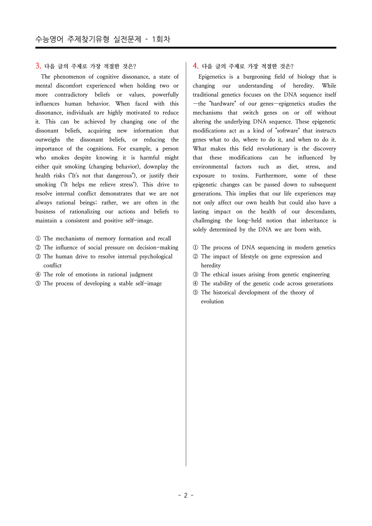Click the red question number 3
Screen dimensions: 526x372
click(38, 66)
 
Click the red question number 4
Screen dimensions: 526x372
click(195, 66)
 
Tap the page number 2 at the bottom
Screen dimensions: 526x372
click(186, 495)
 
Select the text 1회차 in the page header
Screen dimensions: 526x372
click(161, 39)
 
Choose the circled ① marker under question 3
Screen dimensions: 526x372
click(38, 239)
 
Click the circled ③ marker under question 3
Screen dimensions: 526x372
click(38, 257)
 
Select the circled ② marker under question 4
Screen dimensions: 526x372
click(195, 257)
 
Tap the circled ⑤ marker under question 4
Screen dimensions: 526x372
click(195, 293)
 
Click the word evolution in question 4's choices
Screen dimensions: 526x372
click(212, 302)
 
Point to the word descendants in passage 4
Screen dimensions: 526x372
click(320, 212)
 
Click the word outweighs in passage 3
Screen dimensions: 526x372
click(48, 140)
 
